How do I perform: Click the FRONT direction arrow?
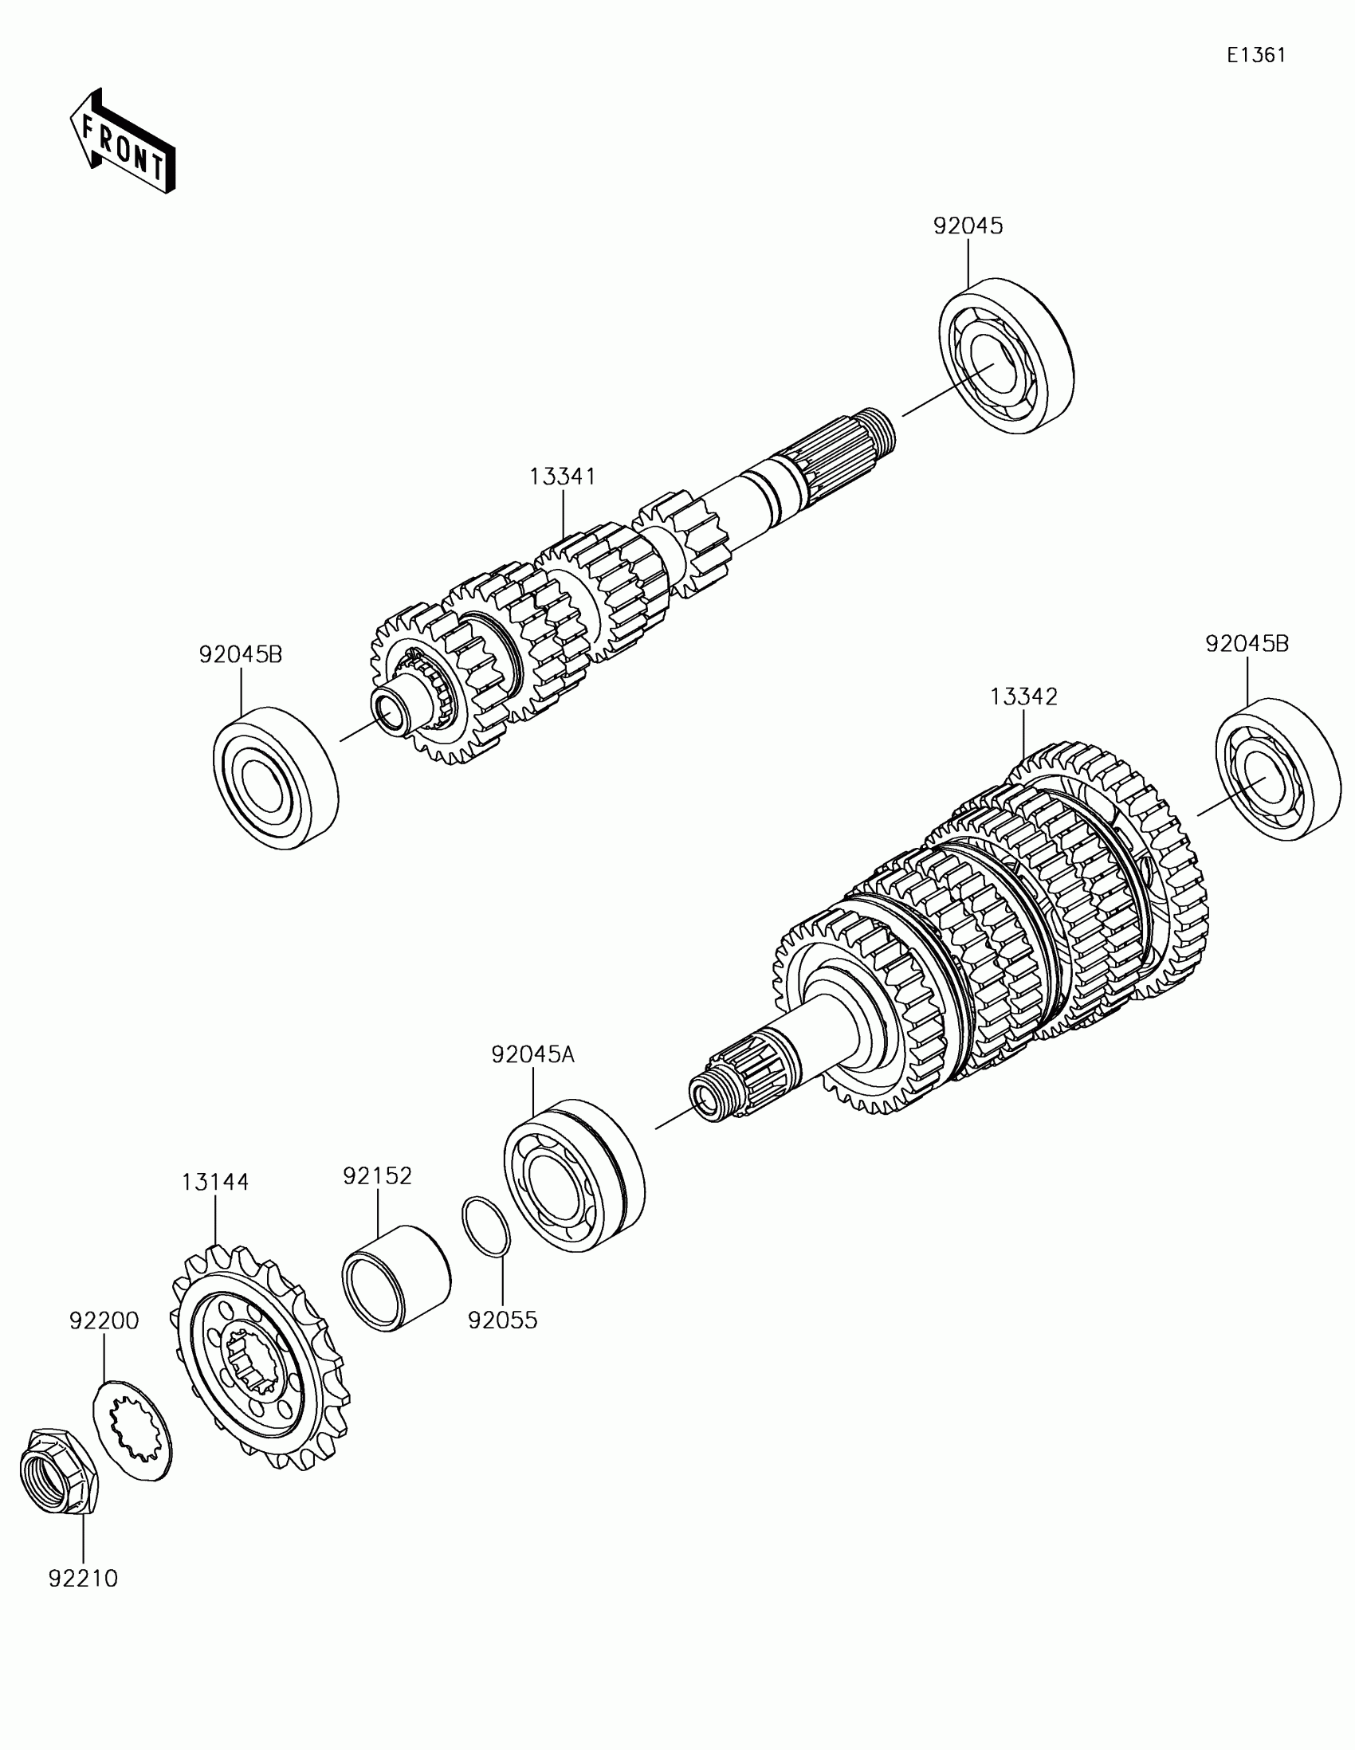point(122,142)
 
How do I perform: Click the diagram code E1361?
point(1256,55)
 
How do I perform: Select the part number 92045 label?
point(968,226)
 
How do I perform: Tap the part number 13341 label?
point(563,477)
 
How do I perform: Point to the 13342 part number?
point(1023,696)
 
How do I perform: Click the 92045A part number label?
point(533,1054)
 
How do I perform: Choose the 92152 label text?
point(378,1175)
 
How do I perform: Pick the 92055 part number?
point(502,1320)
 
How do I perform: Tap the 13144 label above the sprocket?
point(214,1182)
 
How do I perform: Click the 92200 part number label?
point(104,1320)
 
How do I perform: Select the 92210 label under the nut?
point(84,1578)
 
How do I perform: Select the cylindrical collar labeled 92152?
point(396,1278)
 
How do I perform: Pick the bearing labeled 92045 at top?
point(1006,355)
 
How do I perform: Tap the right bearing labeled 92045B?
point(1277,770)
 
